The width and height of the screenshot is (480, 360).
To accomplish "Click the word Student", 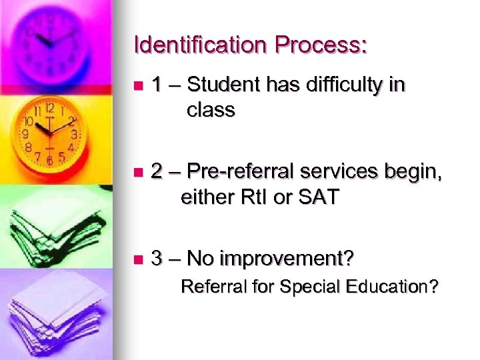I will coord(225,85).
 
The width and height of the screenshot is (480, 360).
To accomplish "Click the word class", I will coord(211,110).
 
